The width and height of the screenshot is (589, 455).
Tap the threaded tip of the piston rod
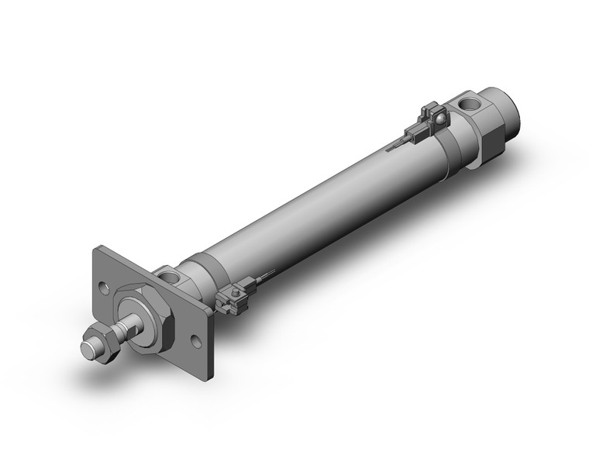pyautogui.click(x=88, y=347)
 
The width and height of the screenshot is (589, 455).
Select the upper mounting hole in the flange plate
pyautogui.click(x=105, y=287)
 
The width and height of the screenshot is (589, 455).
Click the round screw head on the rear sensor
pyautogui.click(x=439, y=118)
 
